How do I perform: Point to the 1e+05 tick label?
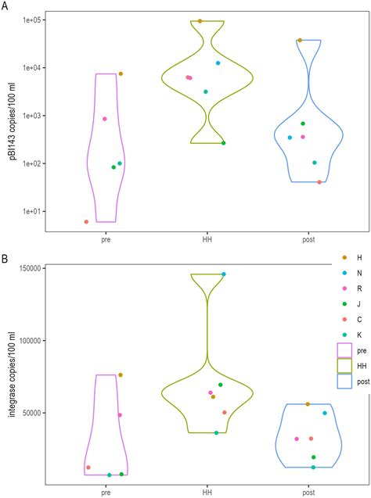29,20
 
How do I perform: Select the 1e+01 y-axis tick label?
29,211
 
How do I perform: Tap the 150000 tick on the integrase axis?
28,268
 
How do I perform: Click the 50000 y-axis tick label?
31,413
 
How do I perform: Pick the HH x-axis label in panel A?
207,240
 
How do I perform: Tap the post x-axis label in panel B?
308,493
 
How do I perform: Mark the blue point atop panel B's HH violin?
223,274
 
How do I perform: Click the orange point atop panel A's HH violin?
200,21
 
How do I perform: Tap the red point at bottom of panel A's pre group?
86,222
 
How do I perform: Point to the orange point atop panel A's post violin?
300,40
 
